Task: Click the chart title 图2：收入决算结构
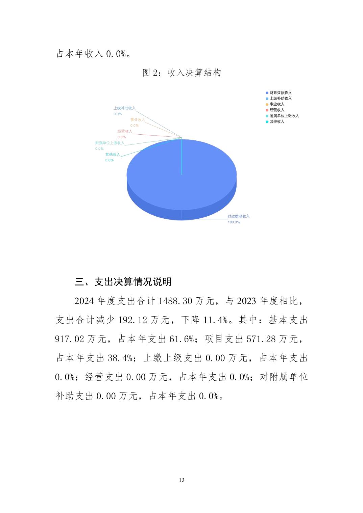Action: (181, 73)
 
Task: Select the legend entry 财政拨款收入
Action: (280, 93)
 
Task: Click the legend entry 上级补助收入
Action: (280, 99)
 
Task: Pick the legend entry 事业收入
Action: (277, 104)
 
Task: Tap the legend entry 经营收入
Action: (277, 110)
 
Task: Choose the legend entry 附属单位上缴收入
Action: (284, 116)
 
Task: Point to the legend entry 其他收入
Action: (277, 122)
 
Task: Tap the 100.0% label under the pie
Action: (234, 222)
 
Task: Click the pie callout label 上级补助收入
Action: (124, 108)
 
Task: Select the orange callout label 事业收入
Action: (138, 120)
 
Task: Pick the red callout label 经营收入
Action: (125, 131)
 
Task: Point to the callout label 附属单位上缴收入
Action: (110, 143)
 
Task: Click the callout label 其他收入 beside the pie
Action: (112, 155)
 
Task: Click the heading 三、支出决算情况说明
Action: (123, 282)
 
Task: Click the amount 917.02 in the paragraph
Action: (69, 339)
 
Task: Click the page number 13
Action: (181, 480)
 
